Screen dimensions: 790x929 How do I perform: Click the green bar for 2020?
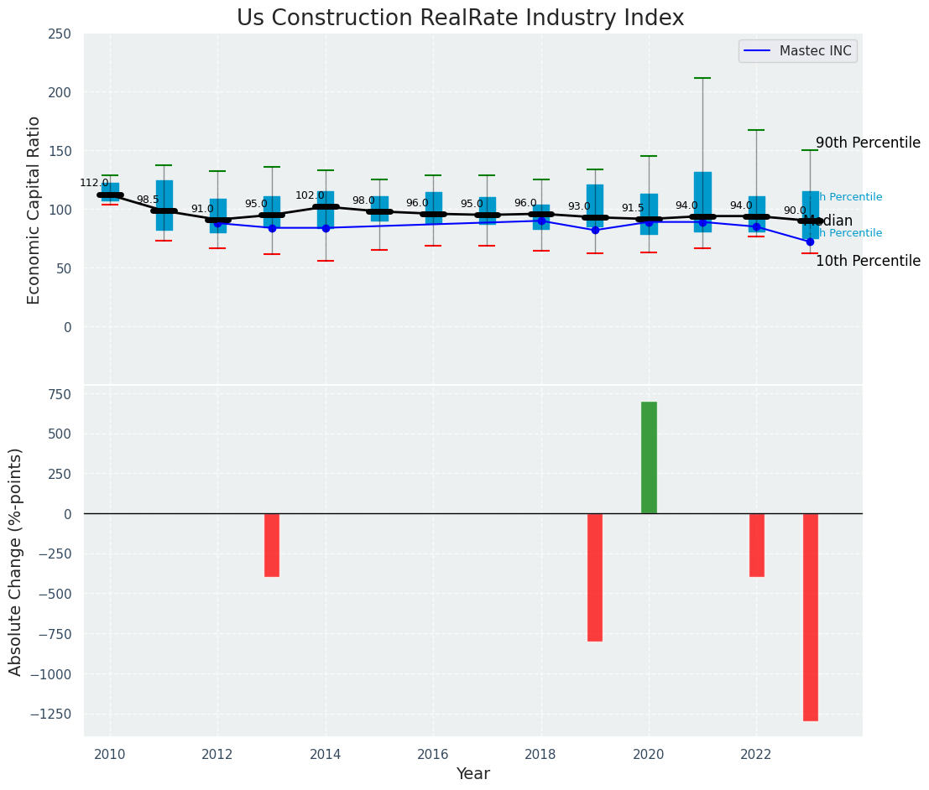pyautogui.click(x=649, y=458)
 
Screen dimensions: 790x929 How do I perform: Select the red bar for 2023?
pyautogui.click(x=810, y=616)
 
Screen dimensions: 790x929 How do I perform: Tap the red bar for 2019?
pyautogui.click(x=595, y=577)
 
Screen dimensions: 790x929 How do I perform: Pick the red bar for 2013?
pyautogui.click(x=272, y=545)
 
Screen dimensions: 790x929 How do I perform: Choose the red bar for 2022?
pyautogui.click(x=756, y=545)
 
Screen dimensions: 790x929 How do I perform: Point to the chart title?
pyautogui.click(x=460, y=18)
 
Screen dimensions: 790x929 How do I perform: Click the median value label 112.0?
pyautogui.click(x=94, y=183)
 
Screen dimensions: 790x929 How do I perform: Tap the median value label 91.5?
pyautogui.click(x=634, y=208)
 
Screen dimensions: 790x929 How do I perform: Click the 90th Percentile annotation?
pyautogui.click(x=868, y=143)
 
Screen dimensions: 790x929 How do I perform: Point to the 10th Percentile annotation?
pyautogui.click(x=868, y=261)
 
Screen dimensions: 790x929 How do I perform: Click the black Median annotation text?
pyautogui.click(x=827, y=221)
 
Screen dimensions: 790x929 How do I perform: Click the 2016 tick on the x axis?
pyautogui.click(x=433, y=755)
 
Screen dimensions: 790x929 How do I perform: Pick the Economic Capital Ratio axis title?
pyautogui.click(x=34, y=210)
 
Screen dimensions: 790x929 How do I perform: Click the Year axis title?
pyautogui.click(x=472, y=774)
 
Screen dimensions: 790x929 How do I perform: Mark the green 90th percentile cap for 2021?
pyautogui.click(x=702, y=78)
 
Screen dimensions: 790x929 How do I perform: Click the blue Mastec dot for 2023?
pyautogui.click(x=810, y=242)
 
